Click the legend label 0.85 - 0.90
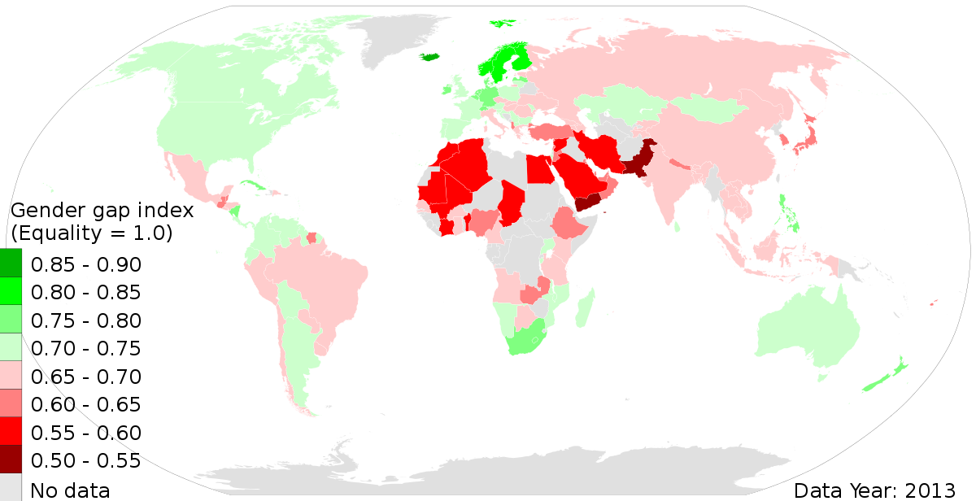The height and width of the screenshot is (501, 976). pyautogui.click(x=85, y=265)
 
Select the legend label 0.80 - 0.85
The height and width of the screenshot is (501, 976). pyautogui.click(x=85, y=293)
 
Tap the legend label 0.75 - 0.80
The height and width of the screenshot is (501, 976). pyautogui.click(x=85, y=320)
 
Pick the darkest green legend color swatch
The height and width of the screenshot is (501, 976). pyautogui.click(x=11, y=264)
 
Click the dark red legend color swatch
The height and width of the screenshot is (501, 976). pyautogui.click(x=11, y=459)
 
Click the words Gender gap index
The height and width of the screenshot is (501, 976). pyautogui.click(x=102, y=211)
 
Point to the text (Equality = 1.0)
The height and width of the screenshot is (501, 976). pyautogui.click(x=91, y=233)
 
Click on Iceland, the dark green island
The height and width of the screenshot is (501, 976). pyautogui.click(x=430, y=57)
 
